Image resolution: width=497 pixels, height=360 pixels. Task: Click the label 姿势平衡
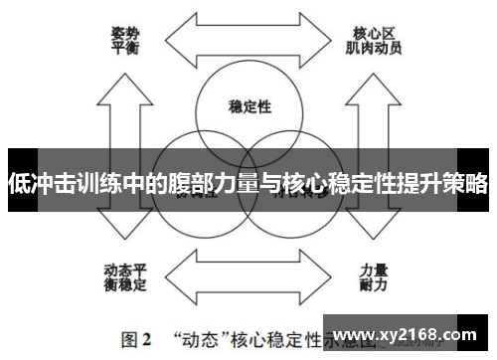[125, 39]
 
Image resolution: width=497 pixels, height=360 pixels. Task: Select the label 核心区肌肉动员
[374, 39]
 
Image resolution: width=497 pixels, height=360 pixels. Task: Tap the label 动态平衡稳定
[125, 277]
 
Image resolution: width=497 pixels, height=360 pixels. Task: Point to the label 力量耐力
[374, 277]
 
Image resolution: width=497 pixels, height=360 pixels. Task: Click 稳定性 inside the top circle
[249, 106]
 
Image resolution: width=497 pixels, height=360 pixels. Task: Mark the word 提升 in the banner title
[406, 184]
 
